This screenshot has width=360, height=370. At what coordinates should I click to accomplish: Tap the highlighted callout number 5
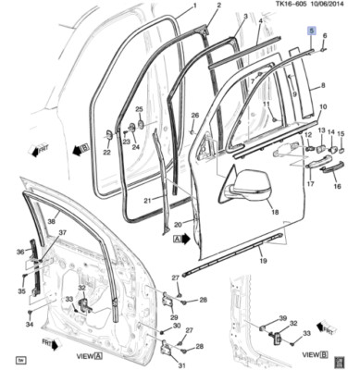312,31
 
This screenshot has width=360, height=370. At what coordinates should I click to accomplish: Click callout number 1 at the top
194,6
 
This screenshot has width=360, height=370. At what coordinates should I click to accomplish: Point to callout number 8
323,86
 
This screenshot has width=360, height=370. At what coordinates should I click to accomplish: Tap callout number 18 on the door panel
274,212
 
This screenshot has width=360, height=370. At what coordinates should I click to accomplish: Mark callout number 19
263,261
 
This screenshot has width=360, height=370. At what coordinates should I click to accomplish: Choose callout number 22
106,153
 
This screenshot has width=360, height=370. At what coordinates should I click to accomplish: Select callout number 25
138,109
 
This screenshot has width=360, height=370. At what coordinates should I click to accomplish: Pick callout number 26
194,116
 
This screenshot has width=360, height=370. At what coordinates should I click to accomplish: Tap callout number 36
19,252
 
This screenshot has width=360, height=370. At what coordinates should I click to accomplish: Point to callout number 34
29,325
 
